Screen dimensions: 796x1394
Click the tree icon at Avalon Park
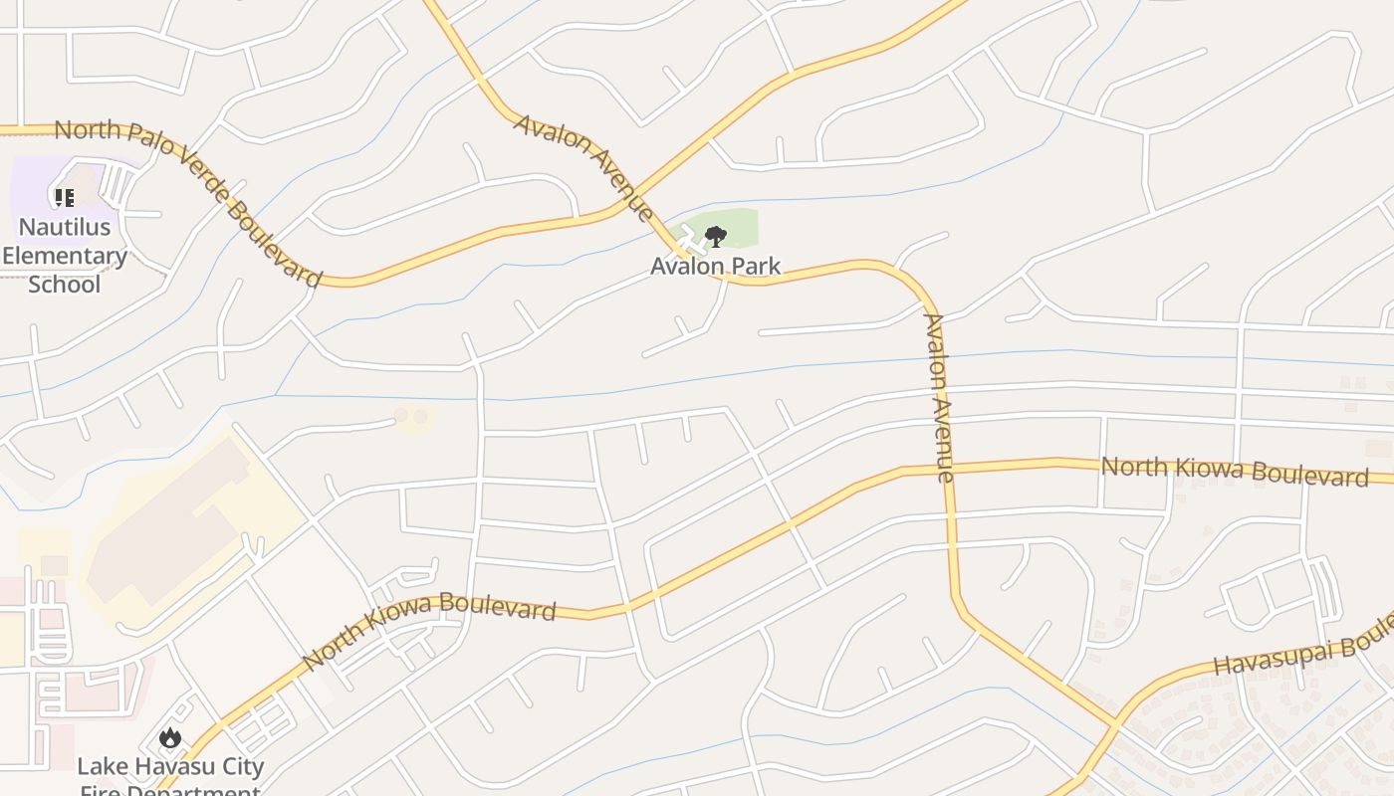pos(715,237)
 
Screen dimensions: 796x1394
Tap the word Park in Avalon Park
pos(754,267)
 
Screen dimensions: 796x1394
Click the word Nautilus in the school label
pos(65,227)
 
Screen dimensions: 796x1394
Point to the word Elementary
pos(65,256)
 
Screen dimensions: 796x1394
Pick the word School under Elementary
pos(65,285)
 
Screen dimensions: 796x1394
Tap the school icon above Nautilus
pos(65,197)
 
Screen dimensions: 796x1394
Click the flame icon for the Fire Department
pos(170,738)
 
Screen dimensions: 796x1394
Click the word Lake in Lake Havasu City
pos(100,767)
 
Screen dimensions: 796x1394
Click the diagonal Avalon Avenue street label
pos(583,166)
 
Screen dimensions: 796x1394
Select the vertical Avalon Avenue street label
pos(939,398)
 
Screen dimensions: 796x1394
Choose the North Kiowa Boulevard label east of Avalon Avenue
pos(1235,471)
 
